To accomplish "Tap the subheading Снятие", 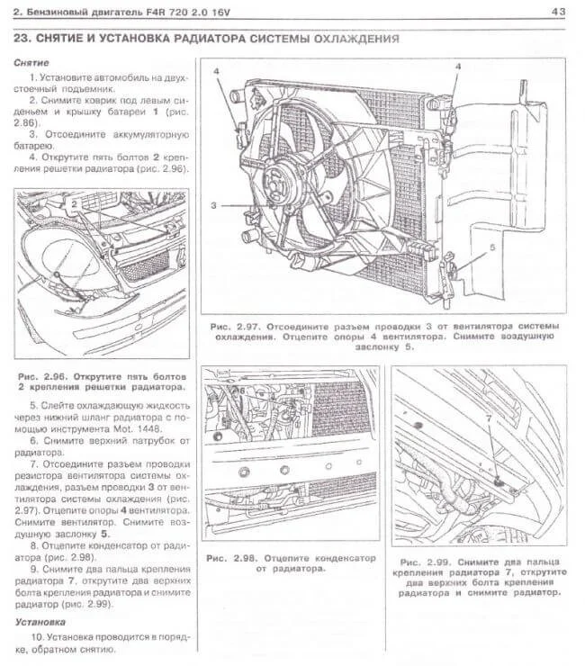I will tap(32, 63).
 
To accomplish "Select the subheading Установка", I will tap(40, 621).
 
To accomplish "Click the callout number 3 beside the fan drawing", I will tap(213, 206).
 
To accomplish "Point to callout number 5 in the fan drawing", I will tap(492, 246).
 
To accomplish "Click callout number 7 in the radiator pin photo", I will tap(489, 418).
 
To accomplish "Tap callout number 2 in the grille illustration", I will tap(75, 205).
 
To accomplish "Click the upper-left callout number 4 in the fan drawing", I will tap(216, 71).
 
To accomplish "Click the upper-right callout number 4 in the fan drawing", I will tap(457, 67).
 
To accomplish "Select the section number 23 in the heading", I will tap(24, 40).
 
